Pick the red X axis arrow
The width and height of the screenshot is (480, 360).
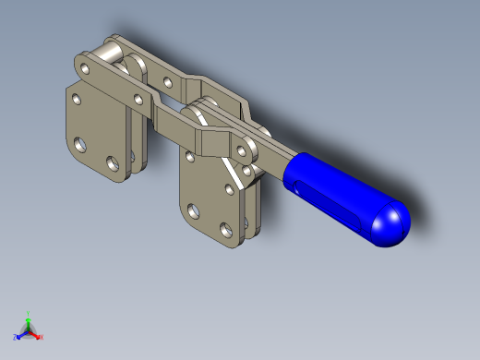[37, 334]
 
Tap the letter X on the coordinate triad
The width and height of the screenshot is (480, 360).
[42, 337]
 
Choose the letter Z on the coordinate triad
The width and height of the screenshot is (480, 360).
[15, 338]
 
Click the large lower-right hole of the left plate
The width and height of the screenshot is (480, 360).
[114, 163]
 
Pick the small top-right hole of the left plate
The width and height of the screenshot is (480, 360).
[138, 98]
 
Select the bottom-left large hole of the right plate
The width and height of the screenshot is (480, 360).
[192, 210]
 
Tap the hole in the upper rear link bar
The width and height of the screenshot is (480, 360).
[167, 81]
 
